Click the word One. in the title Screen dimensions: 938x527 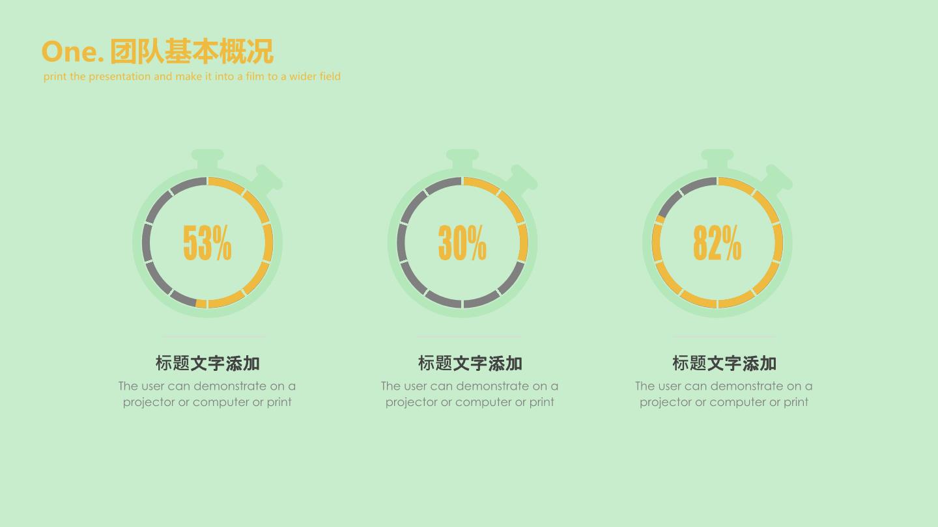72,52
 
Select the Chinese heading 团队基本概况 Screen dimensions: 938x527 192,51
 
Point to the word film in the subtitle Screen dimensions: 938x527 255,76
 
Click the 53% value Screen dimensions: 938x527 207,243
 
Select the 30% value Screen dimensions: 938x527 462,243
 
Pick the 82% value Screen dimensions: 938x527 717,243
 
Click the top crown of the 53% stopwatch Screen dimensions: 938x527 207,159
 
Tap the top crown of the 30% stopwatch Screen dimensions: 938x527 462,159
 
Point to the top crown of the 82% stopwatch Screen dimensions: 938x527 717,159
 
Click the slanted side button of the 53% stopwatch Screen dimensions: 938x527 266,179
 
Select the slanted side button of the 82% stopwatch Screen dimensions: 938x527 776,179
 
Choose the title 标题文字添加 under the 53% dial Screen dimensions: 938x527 208,363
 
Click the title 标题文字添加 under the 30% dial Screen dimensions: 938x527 470,363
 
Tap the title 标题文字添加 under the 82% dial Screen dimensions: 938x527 724,363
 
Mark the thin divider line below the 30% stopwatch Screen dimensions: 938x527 470,336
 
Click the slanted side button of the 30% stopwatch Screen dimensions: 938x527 521,179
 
